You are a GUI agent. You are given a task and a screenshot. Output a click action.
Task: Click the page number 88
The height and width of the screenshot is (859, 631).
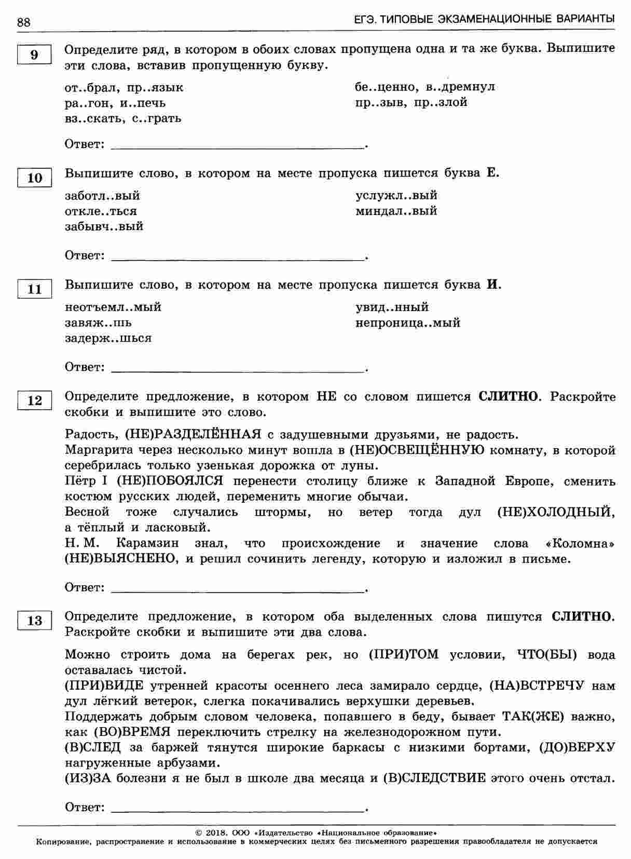[24, 21]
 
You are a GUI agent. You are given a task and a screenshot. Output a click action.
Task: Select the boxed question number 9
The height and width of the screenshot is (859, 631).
[34, 55]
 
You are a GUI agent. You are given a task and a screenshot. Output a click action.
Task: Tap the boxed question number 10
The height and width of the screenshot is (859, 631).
[34, 178]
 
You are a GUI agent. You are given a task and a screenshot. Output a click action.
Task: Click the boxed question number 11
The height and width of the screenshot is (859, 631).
[34, 289]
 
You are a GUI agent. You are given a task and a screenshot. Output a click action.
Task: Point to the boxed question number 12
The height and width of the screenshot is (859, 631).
[34, 400]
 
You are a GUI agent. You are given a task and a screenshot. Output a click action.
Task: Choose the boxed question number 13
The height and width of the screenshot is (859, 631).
[34, 621]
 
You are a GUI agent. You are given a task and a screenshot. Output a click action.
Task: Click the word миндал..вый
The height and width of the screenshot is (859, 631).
[396, 211]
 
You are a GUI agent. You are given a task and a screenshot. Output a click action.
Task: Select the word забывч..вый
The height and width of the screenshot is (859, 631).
[104, 226]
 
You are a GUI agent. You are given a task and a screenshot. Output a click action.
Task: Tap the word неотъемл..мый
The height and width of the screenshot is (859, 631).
[113, 307]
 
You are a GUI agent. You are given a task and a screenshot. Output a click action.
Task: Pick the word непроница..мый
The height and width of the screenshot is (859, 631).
[408, 323]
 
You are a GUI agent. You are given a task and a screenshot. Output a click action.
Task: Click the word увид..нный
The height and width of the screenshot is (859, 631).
[392, 307]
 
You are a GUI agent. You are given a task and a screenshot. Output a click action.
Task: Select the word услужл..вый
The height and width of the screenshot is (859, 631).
[396, 195]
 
